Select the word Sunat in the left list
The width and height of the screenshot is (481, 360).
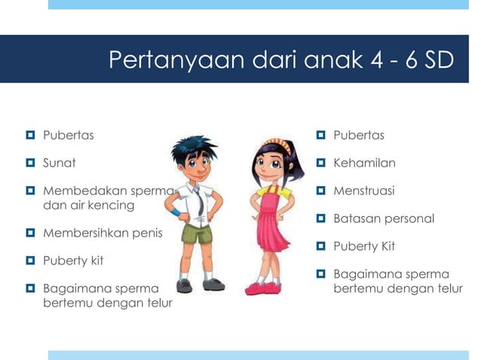pos(60,163)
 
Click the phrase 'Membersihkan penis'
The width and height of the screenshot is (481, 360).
pos(103,233)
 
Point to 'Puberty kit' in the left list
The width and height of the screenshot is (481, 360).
pos(73,261)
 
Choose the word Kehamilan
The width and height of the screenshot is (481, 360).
pos(364,163)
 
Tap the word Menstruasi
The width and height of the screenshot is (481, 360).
pos(364,191)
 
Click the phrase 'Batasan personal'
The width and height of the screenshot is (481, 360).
pos(384,219)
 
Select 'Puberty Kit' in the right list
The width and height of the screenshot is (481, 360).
pos(364,246)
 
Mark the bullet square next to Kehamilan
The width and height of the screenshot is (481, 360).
pos(321,163)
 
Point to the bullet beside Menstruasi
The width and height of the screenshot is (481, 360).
pos(321,191)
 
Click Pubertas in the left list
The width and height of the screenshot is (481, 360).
pos(69,136)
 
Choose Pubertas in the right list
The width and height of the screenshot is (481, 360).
pos(359,136)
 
